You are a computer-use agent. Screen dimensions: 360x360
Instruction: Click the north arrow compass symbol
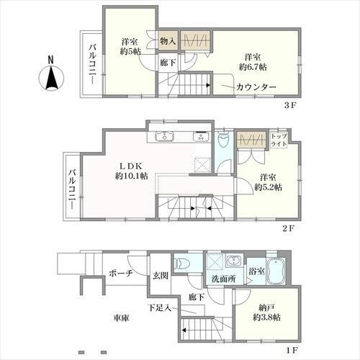[53, 76]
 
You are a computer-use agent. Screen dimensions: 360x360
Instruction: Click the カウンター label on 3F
[255, 87]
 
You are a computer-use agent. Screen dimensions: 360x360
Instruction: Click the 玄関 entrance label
[160, 274]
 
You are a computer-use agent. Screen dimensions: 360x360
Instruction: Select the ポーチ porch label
[121, 274]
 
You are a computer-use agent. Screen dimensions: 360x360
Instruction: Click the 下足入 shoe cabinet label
[160, 308]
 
